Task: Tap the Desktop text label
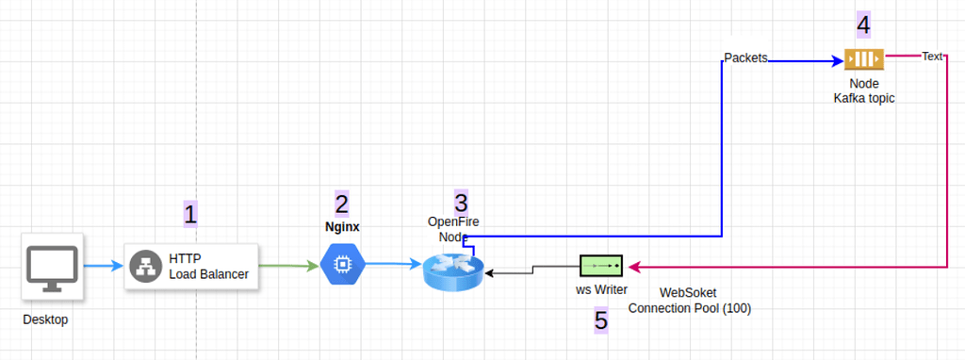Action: pos(45,319)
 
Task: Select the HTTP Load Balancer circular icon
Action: pos(146,267)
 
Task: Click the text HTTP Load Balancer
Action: pos(208,267)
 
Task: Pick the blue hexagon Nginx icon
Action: pos(341,264)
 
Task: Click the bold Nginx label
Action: pos(341,227)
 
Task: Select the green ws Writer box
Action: pos(601,265)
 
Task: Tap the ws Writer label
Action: pos(601,290)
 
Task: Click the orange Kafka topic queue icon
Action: pos(863,60)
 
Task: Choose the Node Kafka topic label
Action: pos(863,90)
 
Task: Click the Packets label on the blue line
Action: pos(744,57)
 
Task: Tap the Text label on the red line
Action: pos(931,57)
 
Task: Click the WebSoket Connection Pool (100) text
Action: pos(689,301)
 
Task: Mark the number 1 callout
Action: pos(190,214)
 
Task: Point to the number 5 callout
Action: pos(601,320)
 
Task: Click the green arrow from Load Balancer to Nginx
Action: pos(287,267)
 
